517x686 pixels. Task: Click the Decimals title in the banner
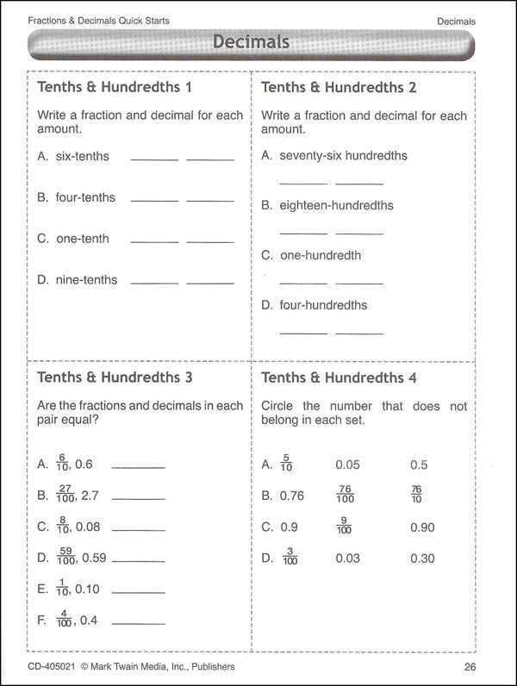(x=251, y=42)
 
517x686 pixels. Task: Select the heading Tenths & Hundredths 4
(x=339, y=377)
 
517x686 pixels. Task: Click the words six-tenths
(x=83, y=156)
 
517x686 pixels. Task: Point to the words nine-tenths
(x=86, y=280)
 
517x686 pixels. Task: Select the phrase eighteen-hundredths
(x=336, y=206)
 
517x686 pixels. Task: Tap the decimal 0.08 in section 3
(x=86, y=527)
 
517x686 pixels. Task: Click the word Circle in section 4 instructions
(x=278, y=406)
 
